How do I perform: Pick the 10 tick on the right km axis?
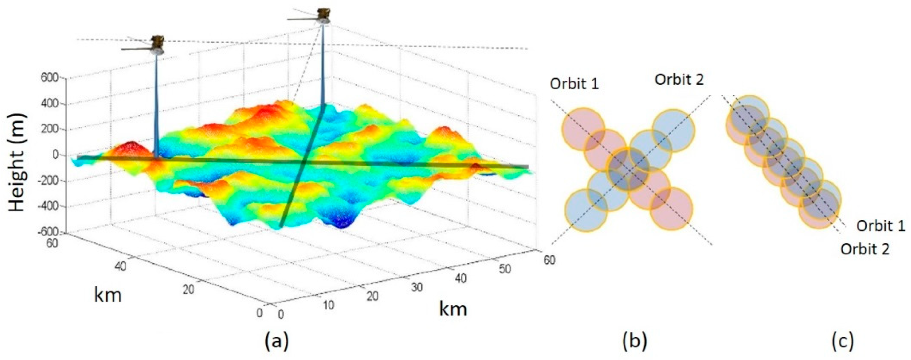[329, 305]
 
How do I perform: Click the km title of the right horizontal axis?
[453, 309]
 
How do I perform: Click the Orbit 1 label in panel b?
[574, 84]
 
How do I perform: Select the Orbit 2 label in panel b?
[679, 80]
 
